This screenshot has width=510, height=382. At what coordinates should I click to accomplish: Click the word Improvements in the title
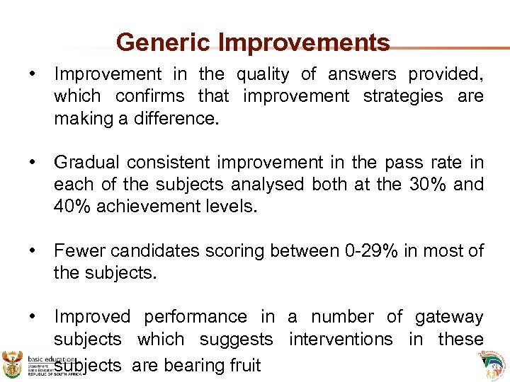click(304, 42)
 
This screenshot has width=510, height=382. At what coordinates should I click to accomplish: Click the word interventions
click(342, 340)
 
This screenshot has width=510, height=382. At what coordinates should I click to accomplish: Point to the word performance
click(195, 317)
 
